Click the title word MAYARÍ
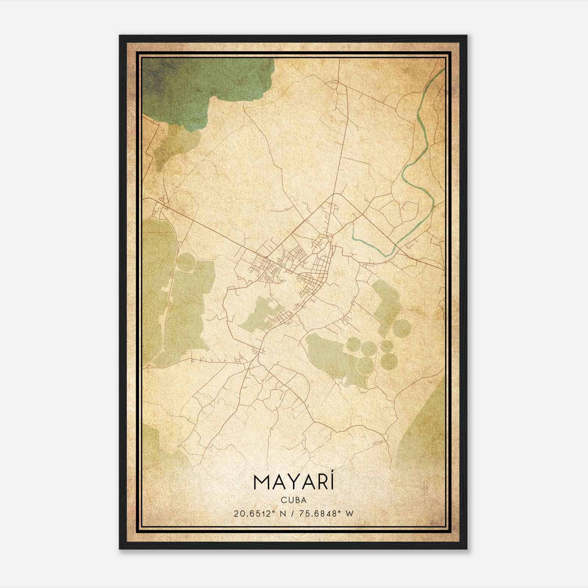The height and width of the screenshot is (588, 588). [293, 484]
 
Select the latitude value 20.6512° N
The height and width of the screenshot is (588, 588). [259, 514]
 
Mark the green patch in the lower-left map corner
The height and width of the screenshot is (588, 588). [158, 448]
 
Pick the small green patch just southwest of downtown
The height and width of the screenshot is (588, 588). [257, 314]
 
